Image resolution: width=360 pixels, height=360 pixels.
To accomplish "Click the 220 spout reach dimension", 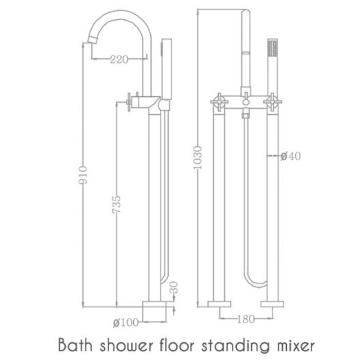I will point(118,58).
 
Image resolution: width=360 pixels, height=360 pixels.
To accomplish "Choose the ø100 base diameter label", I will point(126,322).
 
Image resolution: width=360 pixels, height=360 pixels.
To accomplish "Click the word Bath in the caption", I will point(73,346).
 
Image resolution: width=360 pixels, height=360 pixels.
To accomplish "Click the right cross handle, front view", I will point(272,102).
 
